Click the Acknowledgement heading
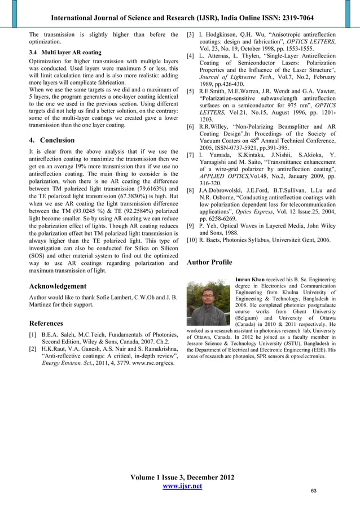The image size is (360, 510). (x=58, y=286)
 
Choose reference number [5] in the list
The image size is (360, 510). (x=190, y=91)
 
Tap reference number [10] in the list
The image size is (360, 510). (x=192, y=241)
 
